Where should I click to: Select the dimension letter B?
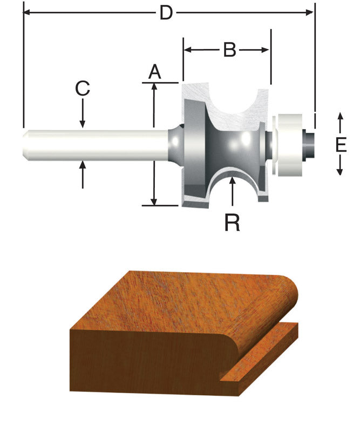click(230, 50)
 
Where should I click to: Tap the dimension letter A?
click(155, 71)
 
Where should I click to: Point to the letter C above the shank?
click(82, 89)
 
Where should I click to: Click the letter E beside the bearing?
click(340, 145)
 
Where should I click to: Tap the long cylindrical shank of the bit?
click(97, 144)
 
